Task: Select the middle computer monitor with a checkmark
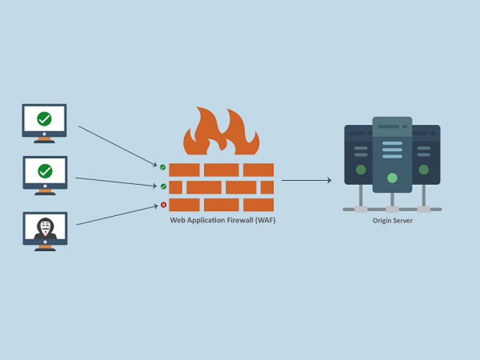[44, 172]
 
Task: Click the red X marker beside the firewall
[163, 205]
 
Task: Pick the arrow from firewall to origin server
[306, 180]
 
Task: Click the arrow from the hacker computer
[117, 215]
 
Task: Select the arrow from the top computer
[117, 145]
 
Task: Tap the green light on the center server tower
[392, 178]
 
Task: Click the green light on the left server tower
[361, 170]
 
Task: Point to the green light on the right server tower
[424, 170]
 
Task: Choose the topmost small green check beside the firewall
[163, 167]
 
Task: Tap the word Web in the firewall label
[177, 221]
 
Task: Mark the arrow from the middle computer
[117, 181]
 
